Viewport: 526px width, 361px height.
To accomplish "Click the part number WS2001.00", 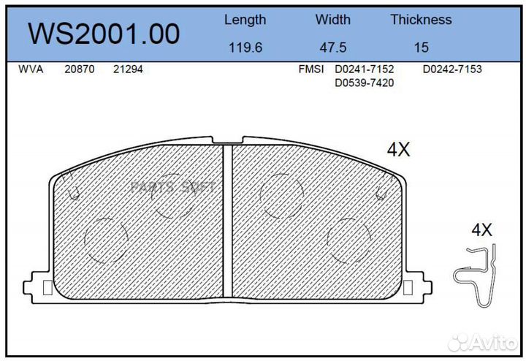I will tap(103, 34).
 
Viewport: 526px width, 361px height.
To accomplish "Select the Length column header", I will tap(245, 20).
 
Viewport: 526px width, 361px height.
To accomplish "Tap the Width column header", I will tap(332, 20).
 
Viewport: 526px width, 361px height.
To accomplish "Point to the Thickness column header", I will tap(421, 20).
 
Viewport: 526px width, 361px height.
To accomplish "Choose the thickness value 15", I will tap(421, 47).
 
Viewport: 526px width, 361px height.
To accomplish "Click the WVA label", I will tap(30, 69).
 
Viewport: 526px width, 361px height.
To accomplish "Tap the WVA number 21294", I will tap(128, 69).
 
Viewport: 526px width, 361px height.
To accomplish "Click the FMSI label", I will tap(311, 69).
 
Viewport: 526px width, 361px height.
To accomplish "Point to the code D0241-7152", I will tap(364, 69).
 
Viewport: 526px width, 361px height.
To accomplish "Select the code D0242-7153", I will tap(452, 69).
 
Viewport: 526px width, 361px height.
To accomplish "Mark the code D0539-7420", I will tap(364, 83).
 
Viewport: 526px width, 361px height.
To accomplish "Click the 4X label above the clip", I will tap(481, 230).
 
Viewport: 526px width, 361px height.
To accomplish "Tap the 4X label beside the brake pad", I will tap(399, 151).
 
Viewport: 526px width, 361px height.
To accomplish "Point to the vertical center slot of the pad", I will tap(227, 223).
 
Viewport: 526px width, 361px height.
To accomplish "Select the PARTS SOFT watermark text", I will tap(172, 187).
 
